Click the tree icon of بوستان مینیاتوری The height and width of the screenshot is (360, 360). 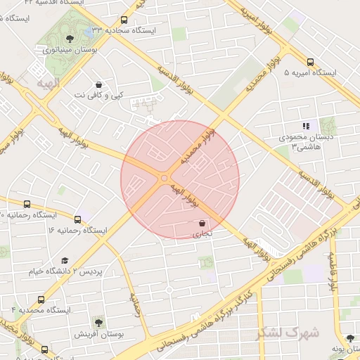(68, 39)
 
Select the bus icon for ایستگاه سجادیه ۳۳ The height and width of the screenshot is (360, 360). (124, 20)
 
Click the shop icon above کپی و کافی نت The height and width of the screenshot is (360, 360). (98, 84)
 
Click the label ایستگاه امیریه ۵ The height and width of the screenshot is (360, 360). (310, 72)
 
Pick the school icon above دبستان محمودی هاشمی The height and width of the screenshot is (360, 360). (306, 126)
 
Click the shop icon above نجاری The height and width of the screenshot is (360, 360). (202, 223)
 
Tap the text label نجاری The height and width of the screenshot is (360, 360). (202, 233)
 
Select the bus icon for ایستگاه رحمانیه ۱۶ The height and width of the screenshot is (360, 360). (77, 220)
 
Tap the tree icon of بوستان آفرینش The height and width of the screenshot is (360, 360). (98, 323)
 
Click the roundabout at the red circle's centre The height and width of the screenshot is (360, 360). (165, 179)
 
